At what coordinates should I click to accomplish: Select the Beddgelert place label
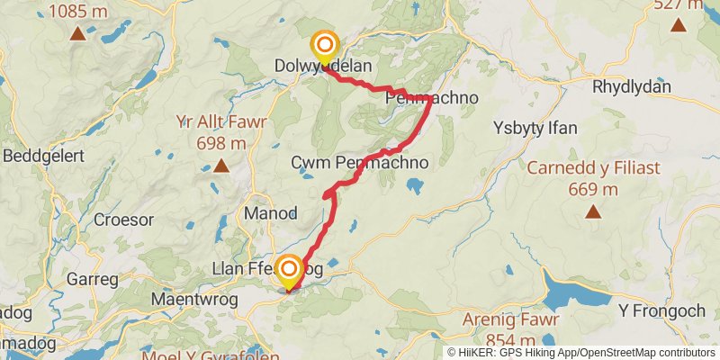pyautogui.click(x=43, y=155)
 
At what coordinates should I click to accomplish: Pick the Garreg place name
pyautogui.click(x=93, y=279)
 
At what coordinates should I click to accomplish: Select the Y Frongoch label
pyautogui.click(x=661, y=310)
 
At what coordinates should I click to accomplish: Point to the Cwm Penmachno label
pyautogui.click(x=359, y=163)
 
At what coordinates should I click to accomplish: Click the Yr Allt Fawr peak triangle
pyautogui.click(x=221, y=166)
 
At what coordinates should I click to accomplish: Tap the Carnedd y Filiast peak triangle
pyautogui.click(x=592, y=211)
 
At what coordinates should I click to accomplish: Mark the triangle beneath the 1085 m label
pyautogui.click(x=77, y=35)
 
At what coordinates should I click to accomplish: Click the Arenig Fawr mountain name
pyautogui.click(x=511, y=319)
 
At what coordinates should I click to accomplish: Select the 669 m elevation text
pyautogui.click(x=592, y=189)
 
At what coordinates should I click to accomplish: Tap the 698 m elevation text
pyautogui.click(x=220, y=142)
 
